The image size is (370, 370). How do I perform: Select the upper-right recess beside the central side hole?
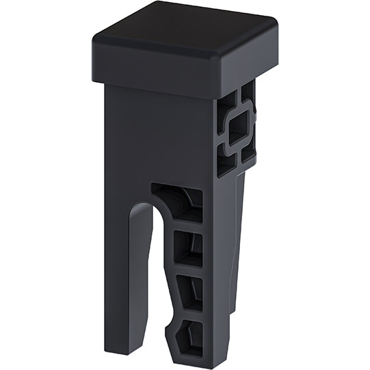click(248, 93)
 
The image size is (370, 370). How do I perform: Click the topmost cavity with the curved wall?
click(179, 202)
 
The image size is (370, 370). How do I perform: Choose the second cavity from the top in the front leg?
click(187, 247)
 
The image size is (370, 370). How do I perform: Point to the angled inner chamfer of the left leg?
click(144, 274)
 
